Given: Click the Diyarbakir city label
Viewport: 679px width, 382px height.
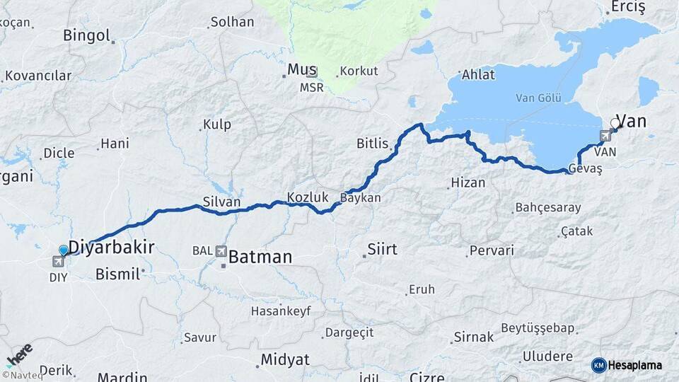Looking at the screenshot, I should [111, 246].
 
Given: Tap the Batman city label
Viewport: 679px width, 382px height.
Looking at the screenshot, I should [260, 257].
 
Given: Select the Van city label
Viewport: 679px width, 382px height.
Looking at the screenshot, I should [632, 121].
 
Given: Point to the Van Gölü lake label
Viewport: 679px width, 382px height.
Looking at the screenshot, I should [535, 98].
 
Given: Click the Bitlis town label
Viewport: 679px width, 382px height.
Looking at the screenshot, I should [372, 144].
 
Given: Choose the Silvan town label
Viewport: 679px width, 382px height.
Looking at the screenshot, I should [221, 202].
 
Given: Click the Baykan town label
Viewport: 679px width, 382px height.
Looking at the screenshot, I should [361, 198].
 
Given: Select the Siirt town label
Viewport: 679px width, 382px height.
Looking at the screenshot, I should [382, 249].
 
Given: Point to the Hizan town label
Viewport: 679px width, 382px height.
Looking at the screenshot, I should [469, 183].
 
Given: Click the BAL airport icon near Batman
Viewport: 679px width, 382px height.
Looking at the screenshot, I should [221, 250].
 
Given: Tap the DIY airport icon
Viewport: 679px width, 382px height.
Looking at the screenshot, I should [58, 262].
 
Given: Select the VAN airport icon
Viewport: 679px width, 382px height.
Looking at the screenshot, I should [606, 137].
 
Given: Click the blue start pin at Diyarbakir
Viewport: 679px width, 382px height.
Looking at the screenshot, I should [64, 250].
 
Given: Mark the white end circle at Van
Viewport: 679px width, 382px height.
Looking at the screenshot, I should [615, 123].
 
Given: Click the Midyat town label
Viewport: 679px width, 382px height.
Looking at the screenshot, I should [284, 359].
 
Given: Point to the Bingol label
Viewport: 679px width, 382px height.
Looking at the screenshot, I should [86, 35].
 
